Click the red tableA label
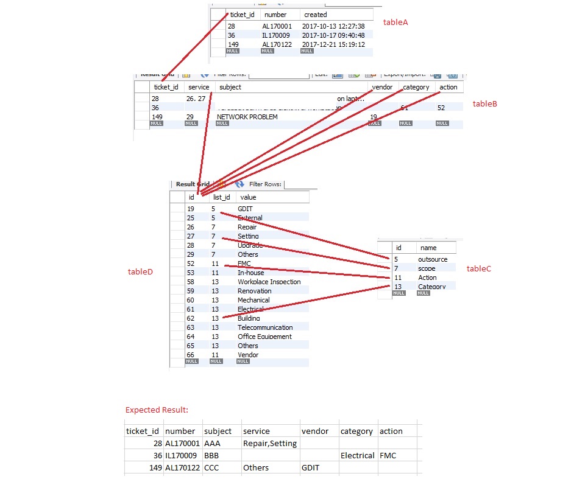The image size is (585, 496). coord(395,23)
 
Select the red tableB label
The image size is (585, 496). coord(485,104)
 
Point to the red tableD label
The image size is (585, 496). coord(140,272)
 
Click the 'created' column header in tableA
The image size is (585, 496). coord(316,15)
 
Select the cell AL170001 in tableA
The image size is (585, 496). coord(277,27)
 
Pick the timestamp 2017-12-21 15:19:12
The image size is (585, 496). coord(333,44)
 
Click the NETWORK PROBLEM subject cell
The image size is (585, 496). coord(247,117)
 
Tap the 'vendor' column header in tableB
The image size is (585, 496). coord(382,87)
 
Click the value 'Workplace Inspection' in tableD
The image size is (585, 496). coord(269,282)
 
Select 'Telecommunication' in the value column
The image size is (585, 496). coord(265,327)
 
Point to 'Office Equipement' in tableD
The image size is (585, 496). coord(264,337)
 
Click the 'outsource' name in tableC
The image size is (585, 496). coord(432,259)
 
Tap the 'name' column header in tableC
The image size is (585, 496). coord(428,248)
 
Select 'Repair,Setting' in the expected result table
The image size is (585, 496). coord(269,444)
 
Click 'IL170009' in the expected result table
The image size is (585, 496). coord(182,456)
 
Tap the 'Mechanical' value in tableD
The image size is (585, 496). coord(253,300)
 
